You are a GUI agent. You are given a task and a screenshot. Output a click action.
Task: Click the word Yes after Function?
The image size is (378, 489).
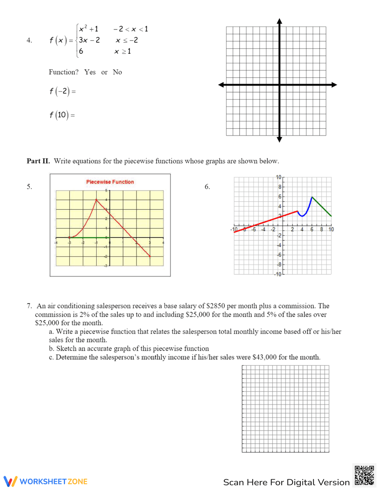pyautogui.click(x=90, y=72)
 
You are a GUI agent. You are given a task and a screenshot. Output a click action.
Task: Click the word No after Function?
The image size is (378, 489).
pyautogui.click(x=117, y=72)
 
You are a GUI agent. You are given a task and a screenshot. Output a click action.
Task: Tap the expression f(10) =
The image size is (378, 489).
pyautogui.click(x=62, y=115)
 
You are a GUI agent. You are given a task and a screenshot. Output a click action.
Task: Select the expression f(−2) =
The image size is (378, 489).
pyautogui.click(x=62, y=91)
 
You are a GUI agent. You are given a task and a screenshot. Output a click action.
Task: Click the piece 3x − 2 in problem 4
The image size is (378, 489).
pyautogui.click(x=89, y=40)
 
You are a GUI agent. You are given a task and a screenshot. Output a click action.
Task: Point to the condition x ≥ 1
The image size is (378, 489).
pyautogui.click(x=122, y=51)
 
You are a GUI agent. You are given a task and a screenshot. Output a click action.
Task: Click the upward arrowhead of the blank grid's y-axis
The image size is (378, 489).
pyautogui.click(x=279, y=21)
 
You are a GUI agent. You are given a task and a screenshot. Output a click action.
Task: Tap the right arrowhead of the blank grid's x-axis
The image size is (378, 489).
pyautogui.click(x=334, y=85)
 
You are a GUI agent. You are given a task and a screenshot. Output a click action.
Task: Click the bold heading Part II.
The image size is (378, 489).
pyautogui.click(x=38, y=161)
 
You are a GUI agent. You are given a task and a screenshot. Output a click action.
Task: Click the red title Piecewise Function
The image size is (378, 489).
pyautogui.click(x=110, y=182)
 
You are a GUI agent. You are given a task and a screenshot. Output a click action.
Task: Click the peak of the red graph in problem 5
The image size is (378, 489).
pyautogui.click(x=96, y=200)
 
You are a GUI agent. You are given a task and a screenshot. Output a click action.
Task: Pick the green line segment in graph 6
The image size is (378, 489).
pyautogui.click(x=322, y=207)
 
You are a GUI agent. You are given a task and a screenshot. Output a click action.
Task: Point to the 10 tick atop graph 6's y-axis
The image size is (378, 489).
pyautogui.click(x=279, y=177)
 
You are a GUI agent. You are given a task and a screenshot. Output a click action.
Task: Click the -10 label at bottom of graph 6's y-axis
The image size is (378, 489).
pyautogui.click(x=278, y=274)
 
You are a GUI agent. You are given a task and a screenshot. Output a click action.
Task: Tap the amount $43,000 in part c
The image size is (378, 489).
pyautogui.click(x=265, y=357)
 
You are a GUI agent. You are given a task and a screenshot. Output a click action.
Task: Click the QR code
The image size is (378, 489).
pyautogui.click(x=364, y=475)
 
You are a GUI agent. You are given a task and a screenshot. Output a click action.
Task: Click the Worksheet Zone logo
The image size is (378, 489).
pyautogui.click(x=46, y=481)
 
